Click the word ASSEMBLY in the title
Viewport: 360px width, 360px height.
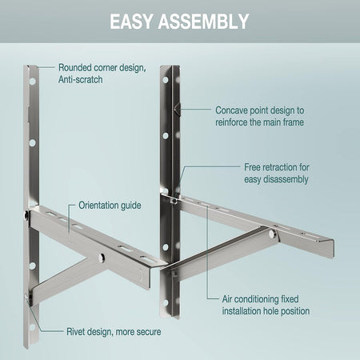click(x=206, y=21)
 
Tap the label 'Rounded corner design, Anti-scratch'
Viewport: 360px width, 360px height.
click(x=101, y=74)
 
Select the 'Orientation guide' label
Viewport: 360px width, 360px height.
click(x=110, y=206)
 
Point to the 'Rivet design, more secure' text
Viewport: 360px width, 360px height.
click(x=113, y=330)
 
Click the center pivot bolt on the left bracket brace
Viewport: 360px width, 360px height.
click(x=102, y=257)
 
